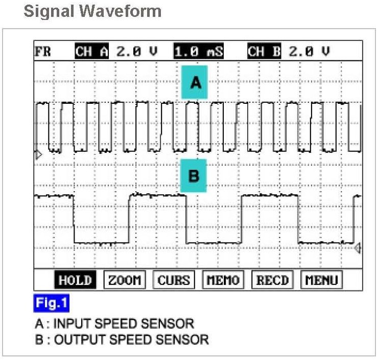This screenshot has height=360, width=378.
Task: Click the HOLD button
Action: tap(75, 280)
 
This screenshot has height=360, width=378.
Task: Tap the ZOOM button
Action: tap(125, 280)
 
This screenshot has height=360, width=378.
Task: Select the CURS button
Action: tap(174, 280)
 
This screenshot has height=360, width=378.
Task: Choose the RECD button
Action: tap(272, 280)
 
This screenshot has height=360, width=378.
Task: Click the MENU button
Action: tap(321, 280)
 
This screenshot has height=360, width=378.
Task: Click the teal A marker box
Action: tap(195, 82)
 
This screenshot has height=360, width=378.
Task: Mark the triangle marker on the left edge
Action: tap(37, 154)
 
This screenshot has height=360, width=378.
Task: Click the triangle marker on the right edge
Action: tap(357, 249)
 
